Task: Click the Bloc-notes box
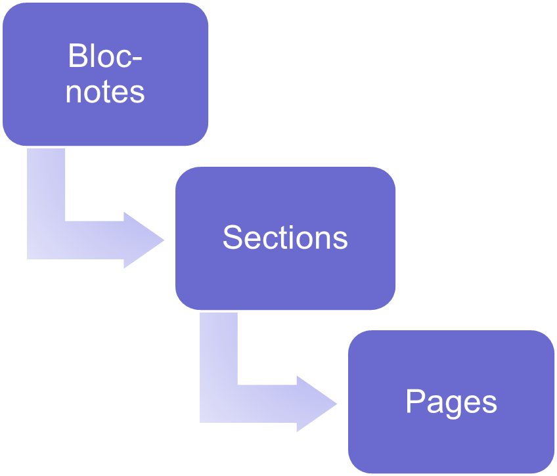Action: [x=105, y=74]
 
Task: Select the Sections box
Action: [x=285, y=238]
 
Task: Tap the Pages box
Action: [x=451, y=402]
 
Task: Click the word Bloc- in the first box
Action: [x=105, y=55]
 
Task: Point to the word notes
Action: [x=105, y=92]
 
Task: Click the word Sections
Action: [x=285, y=238]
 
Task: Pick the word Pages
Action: [x=451, y=403]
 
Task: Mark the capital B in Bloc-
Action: [x=77, y=55]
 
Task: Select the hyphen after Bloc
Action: [x=137, y=58]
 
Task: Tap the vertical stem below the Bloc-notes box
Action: [x=46, y=184]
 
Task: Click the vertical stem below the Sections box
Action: [x=219, y=349]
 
